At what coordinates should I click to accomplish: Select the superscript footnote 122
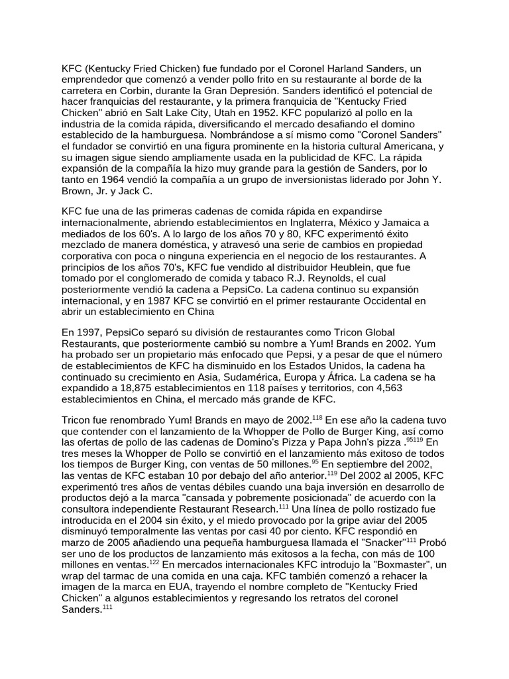pyautogui.click(x=154, y=562)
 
